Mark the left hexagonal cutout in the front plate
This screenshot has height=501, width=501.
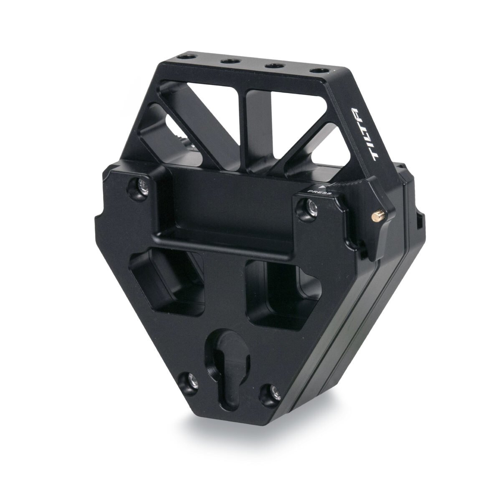(167, 284)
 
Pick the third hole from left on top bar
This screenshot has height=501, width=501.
(273, 65)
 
